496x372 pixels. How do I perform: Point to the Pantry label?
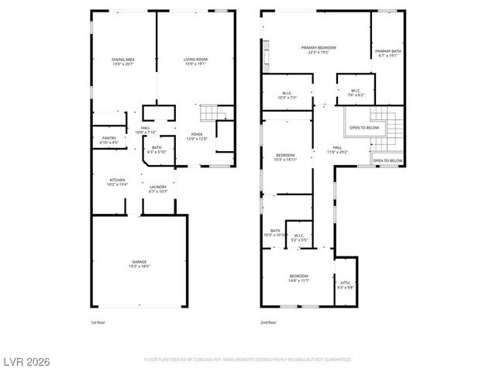click(108, 140)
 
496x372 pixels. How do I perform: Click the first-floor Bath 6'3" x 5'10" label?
click(157, 150)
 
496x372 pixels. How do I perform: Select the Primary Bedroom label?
click(318, 50)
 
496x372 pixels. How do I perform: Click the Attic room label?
click(346, 285)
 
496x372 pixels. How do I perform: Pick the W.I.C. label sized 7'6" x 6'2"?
click(355, 92)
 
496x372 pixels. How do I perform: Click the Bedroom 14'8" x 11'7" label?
click(299, 278)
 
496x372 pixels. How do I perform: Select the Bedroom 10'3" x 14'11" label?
click(285, 158)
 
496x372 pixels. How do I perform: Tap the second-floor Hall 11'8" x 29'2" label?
click(337, 150)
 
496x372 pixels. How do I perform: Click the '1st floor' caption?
click(98, 321)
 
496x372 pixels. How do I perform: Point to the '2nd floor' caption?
click(269, 321)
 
